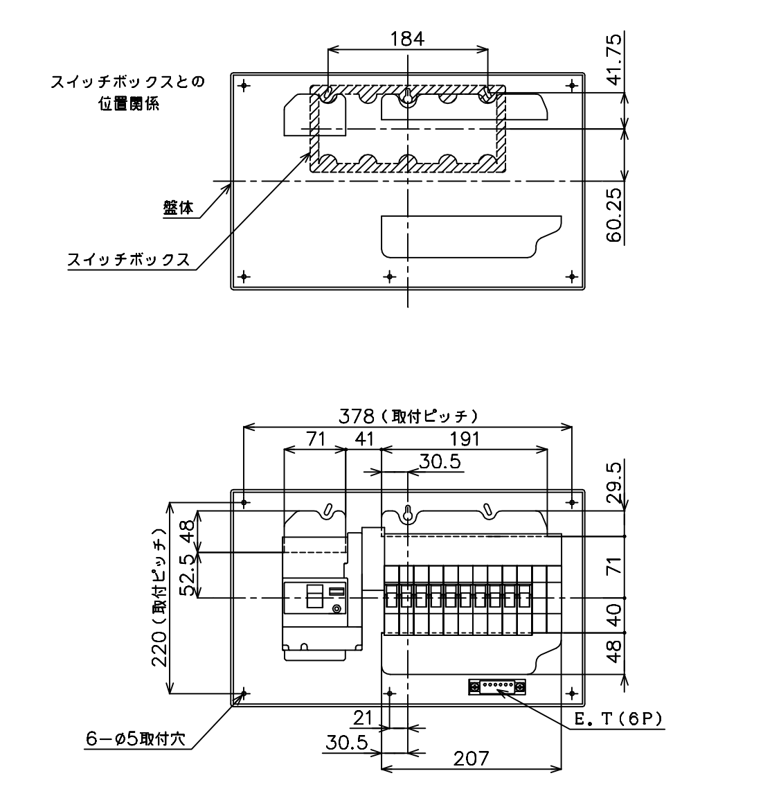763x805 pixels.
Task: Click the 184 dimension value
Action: pyautogui.click(x=407, y=39)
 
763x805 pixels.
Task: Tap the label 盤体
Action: pyautogui.click(x=178, y=207)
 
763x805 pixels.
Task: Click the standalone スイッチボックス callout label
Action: pyautogui.click(x=129, y=259)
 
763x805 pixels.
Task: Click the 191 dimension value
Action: pyautogui.click(x=465, y=439)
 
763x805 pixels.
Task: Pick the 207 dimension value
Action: pyautogui.click(x=471, y=758)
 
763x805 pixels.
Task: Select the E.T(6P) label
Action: pyautogui.click(x=618, y=719)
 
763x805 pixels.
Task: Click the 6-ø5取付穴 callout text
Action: pyautogui.click(x=136, y=738)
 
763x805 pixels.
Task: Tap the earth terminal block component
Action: pyautogui.click(x=497, y=687)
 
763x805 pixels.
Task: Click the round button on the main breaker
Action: pyautogui.click(x=337, y=609)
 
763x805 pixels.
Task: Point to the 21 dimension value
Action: pyautogui.click(x=363, y=717)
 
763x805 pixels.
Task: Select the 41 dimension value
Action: pyautogui.click(x=364, y=439)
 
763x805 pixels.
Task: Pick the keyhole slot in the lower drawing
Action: pyautogui.click(x=408, y=514)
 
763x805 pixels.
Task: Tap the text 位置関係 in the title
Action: pyautogui.click(x=129, y=104)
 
